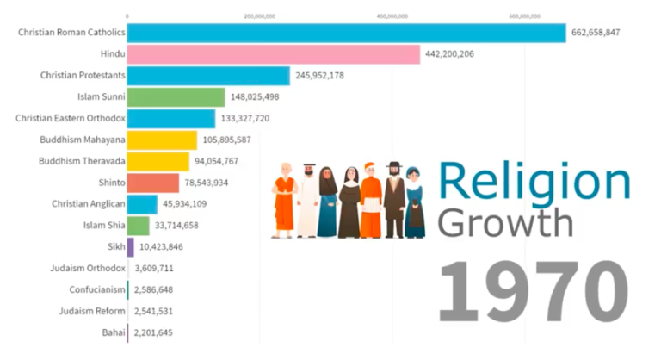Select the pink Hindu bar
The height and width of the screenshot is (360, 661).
(x=274, y=54)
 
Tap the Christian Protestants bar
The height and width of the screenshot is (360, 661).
(x=208, y=76)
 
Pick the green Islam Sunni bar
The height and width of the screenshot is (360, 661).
(x=176, y=97)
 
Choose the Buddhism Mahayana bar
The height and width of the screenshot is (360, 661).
(x=162, y=140)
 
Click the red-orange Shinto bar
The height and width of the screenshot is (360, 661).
(x=153, y=183)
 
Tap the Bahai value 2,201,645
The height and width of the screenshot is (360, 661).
(x=153, y=332)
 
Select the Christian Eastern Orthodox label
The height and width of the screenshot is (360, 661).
(x=71, y=118)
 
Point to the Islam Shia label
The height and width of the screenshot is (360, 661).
(x=102, y=226)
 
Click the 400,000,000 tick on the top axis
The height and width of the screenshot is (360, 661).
(x=392, y=16)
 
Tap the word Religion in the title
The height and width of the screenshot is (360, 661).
(x=534, y=182)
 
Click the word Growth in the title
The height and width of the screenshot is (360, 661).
(x=504, y=222)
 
